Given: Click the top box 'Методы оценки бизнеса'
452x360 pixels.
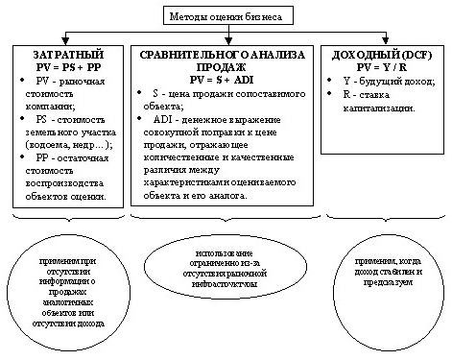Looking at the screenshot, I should [x=225, y=16].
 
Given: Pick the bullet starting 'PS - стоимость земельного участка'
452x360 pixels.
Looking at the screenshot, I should [x=68, y=134].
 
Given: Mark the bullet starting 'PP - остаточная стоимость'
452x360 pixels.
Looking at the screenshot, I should [x=68, y=182].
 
